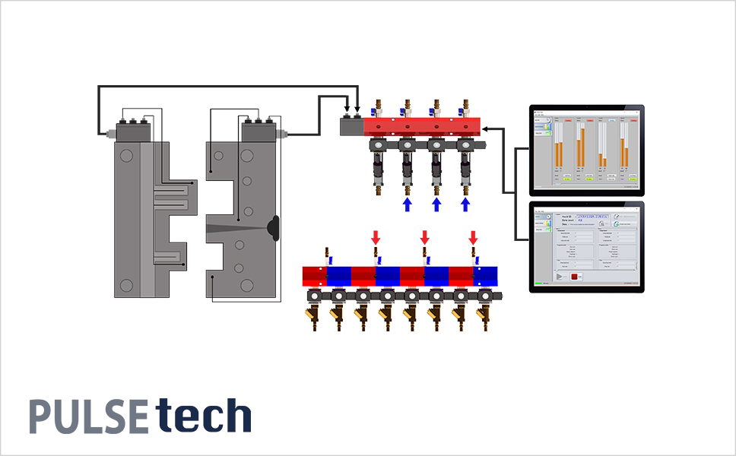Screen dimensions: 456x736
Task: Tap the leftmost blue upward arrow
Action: (407, 204)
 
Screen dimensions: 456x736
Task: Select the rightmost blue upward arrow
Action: (466, 204)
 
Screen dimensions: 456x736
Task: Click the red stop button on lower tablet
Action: (576, 277)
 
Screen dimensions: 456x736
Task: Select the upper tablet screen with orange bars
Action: (586, 149)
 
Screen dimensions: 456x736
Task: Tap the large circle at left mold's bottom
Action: (126, 285)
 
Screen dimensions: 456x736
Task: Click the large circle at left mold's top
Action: (126, 155)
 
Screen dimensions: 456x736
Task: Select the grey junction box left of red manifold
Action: (351, 126)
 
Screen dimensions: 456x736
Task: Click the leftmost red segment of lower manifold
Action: (315, 275)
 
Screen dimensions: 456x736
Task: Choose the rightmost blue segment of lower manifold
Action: (485, 275)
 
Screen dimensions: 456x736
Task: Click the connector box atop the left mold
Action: (133, 131)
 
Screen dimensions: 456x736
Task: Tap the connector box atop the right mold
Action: (259, 131)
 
